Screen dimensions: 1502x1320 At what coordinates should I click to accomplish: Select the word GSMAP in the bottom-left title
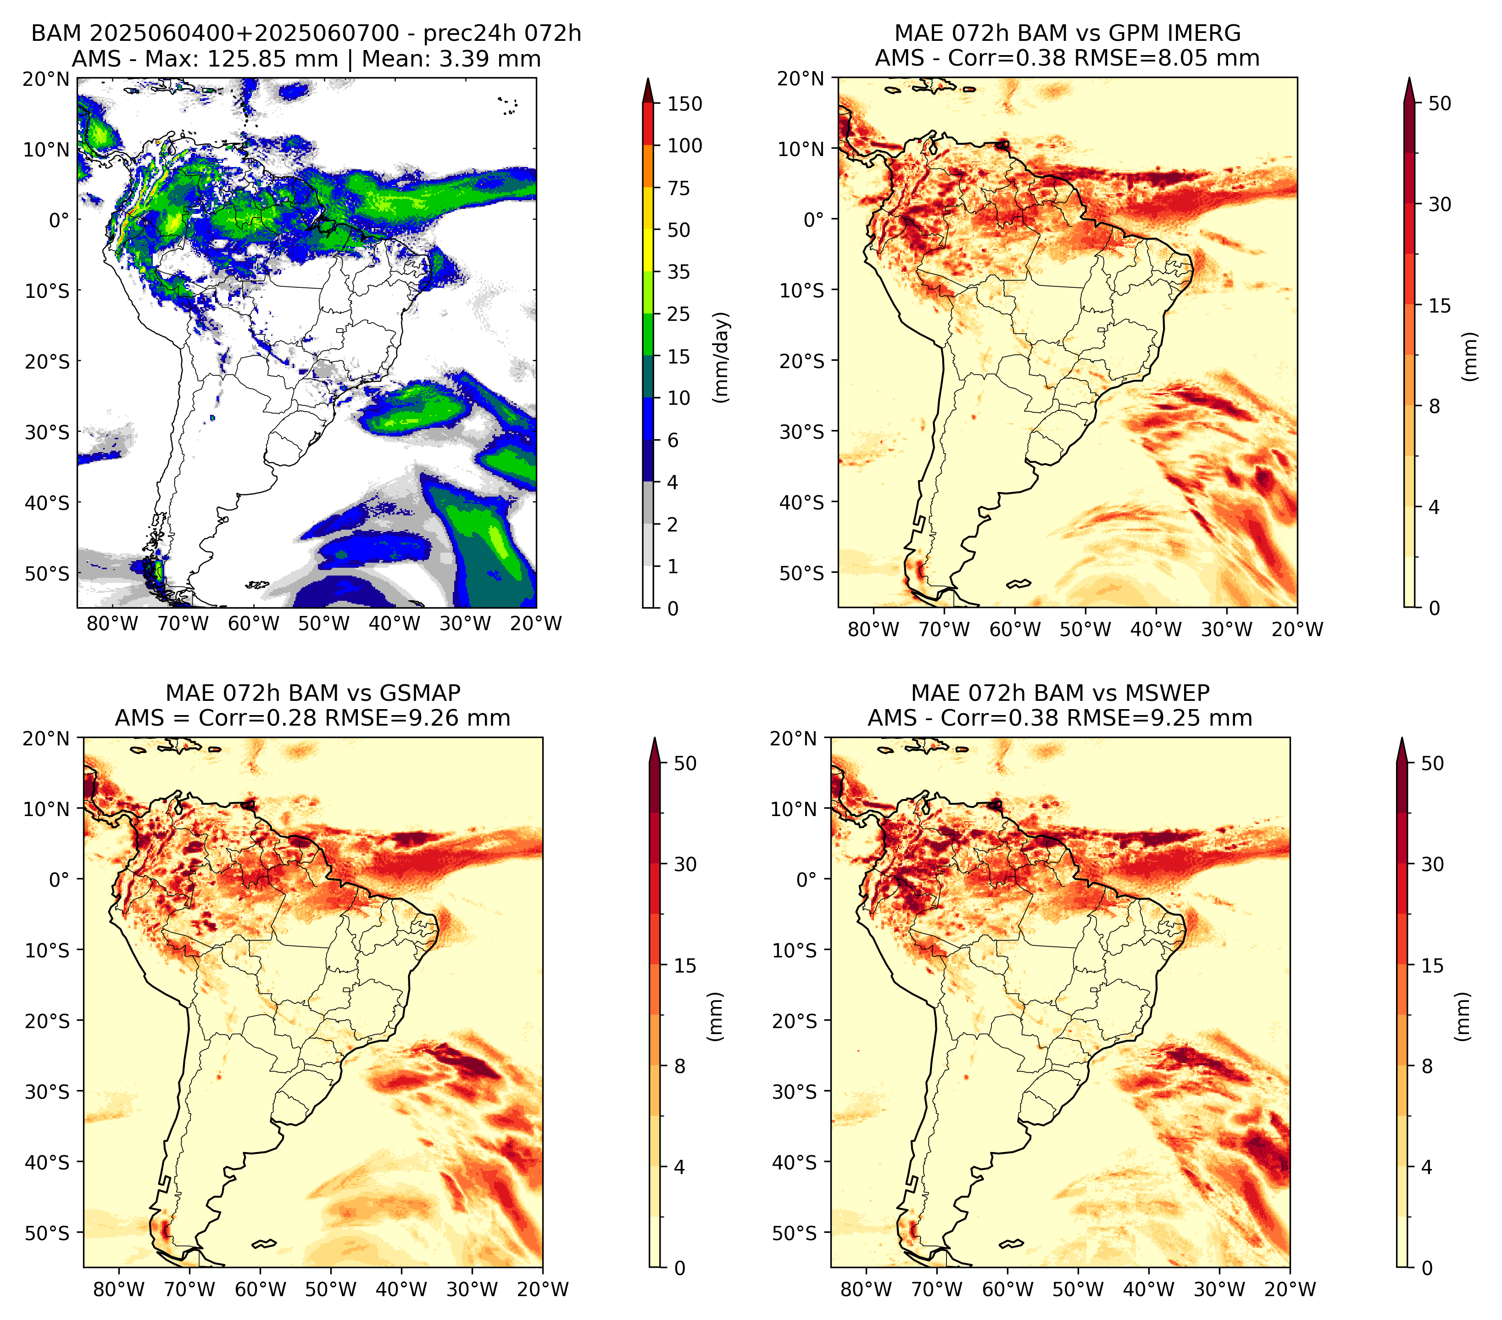point(420,693)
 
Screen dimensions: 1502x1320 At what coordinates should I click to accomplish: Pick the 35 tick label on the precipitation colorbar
point(679,272)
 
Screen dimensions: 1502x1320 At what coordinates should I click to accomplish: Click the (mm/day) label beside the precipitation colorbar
point(723,357)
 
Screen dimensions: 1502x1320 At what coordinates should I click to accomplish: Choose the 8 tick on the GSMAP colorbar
point(680,1067)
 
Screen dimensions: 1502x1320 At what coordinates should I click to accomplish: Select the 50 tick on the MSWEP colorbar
point(1433,764)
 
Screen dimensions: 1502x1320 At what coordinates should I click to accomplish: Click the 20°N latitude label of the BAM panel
point(46,78)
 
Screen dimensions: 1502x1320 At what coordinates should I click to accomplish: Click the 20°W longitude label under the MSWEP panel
point(1291,1289)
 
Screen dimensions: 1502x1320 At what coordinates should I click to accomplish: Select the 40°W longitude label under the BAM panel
point(395,624)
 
